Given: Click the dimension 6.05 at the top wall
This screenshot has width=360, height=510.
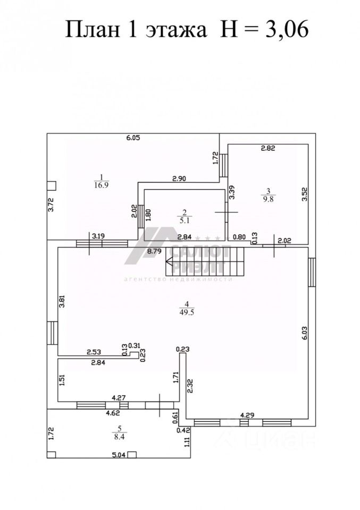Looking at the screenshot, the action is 132,138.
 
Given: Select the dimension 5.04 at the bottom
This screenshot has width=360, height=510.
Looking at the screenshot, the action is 119,455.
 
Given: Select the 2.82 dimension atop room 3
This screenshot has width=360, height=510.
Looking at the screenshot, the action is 267,149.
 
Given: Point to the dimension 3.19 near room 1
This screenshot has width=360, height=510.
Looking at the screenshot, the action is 98,236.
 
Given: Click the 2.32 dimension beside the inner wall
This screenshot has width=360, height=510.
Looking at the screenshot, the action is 190,384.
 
